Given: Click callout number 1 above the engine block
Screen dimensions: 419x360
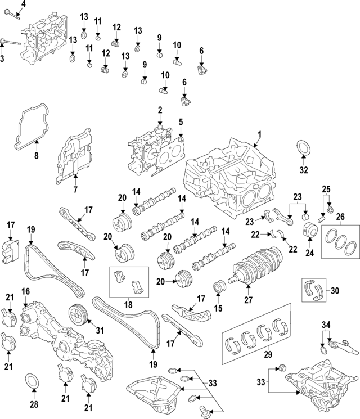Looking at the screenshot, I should [260, 134].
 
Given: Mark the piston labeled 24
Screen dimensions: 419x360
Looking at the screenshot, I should [308, 231].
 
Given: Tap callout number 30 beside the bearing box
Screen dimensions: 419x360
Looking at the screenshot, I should [335, 290].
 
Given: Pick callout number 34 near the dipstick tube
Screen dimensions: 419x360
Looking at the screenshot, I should [326, 325].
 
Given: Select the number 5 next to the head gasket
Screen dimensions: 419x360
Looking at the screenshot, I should [181, 121].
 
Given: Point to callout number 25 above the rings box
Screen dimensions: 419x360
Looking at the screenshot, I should [325, 188].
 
